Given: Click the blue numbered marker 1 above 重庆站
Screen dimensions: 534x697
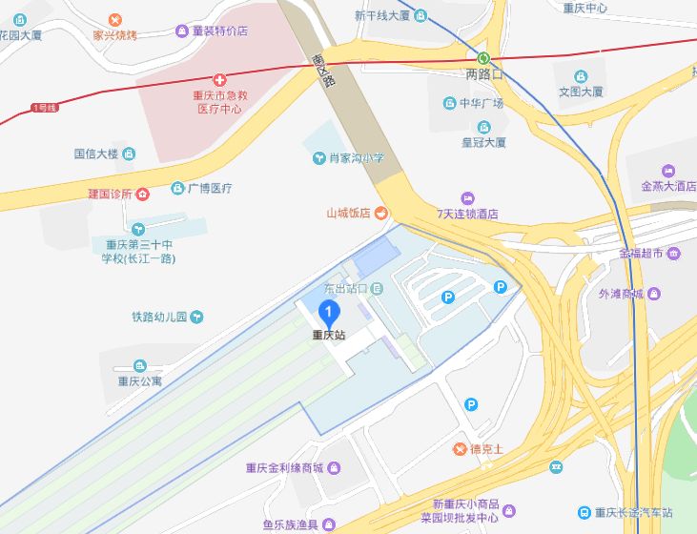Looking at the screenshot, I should point(328,312).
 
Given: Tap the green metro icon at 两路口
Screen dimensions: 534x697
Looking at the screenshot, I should point(483,57).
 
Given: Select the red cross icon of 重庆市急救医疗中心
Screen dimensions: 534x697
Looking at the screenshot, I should point(219,80).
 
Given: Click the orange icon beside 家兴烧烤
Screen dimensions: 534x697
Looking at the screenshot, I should point(115,19).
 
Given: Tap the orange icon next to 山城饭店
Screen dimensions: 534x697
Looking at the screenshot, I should point(380,213).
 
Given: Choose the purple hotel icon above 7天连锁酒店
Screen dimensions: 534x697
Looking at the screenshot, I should point(467,198).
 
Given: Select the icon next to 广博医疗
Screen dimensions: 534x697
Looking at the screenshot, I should point(177,188).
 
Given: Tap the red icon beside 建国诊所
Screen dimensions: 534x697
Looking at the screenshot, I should point(142,195).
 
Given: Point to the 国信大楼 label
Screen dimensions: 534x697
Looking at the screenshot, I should point(95,153).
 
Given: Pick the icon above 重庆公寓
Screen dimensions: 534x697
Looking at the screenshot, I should point(140,366).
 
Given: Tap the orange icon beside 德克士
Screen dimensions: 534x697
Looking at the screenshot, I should point(461,449).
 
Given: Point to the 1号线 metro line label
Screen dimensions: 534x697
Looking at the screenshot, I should point(44,108).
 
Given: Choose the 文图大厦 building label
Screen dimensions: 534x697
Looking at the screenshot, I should point(581,92).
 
